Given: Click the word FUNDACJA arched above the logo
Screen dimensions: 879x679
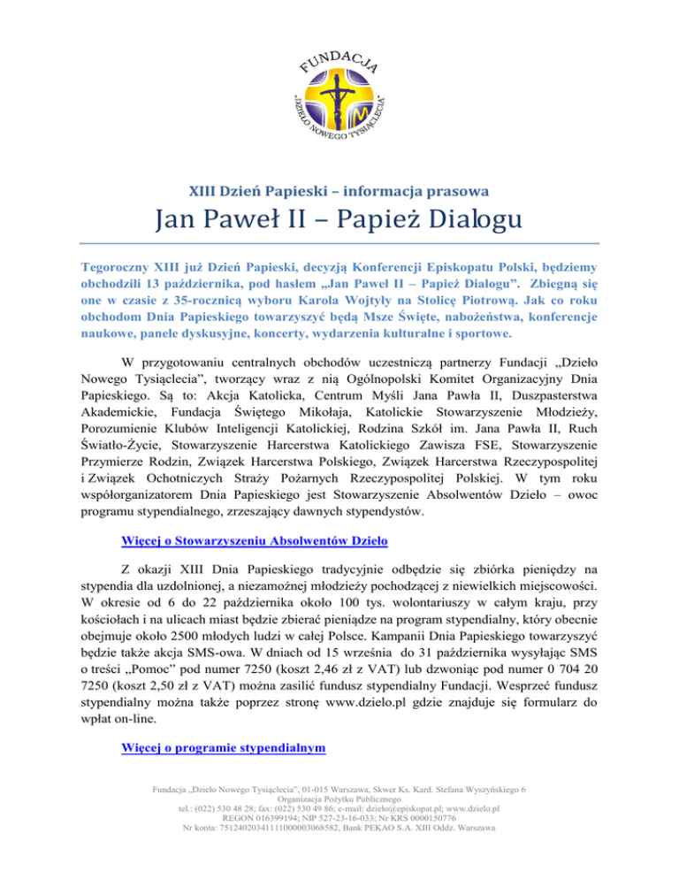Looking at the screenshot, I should [339, 55].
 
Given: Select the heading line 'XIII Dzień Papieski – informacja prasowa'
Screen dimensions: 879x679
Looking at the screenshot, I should [339, 188].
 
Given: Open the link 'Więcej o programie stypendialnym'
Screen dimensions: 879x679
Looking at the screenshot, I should [222, 748].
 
